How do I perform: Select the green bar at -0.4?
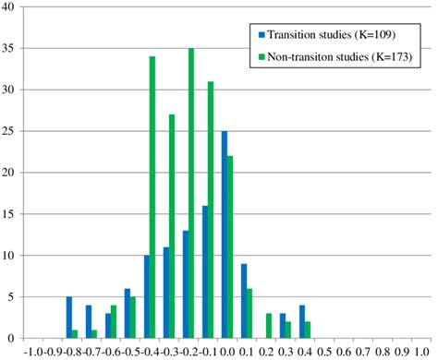click(x=152, y=198)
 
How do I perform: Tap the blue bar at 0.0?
click(x=224, y=234)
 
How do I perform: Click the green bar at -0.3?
click(x=171, y=226)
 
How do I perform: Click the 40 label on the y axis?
click(x=13, y=7)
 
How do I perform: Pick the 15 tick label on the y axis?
click(x=13, y=214)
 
